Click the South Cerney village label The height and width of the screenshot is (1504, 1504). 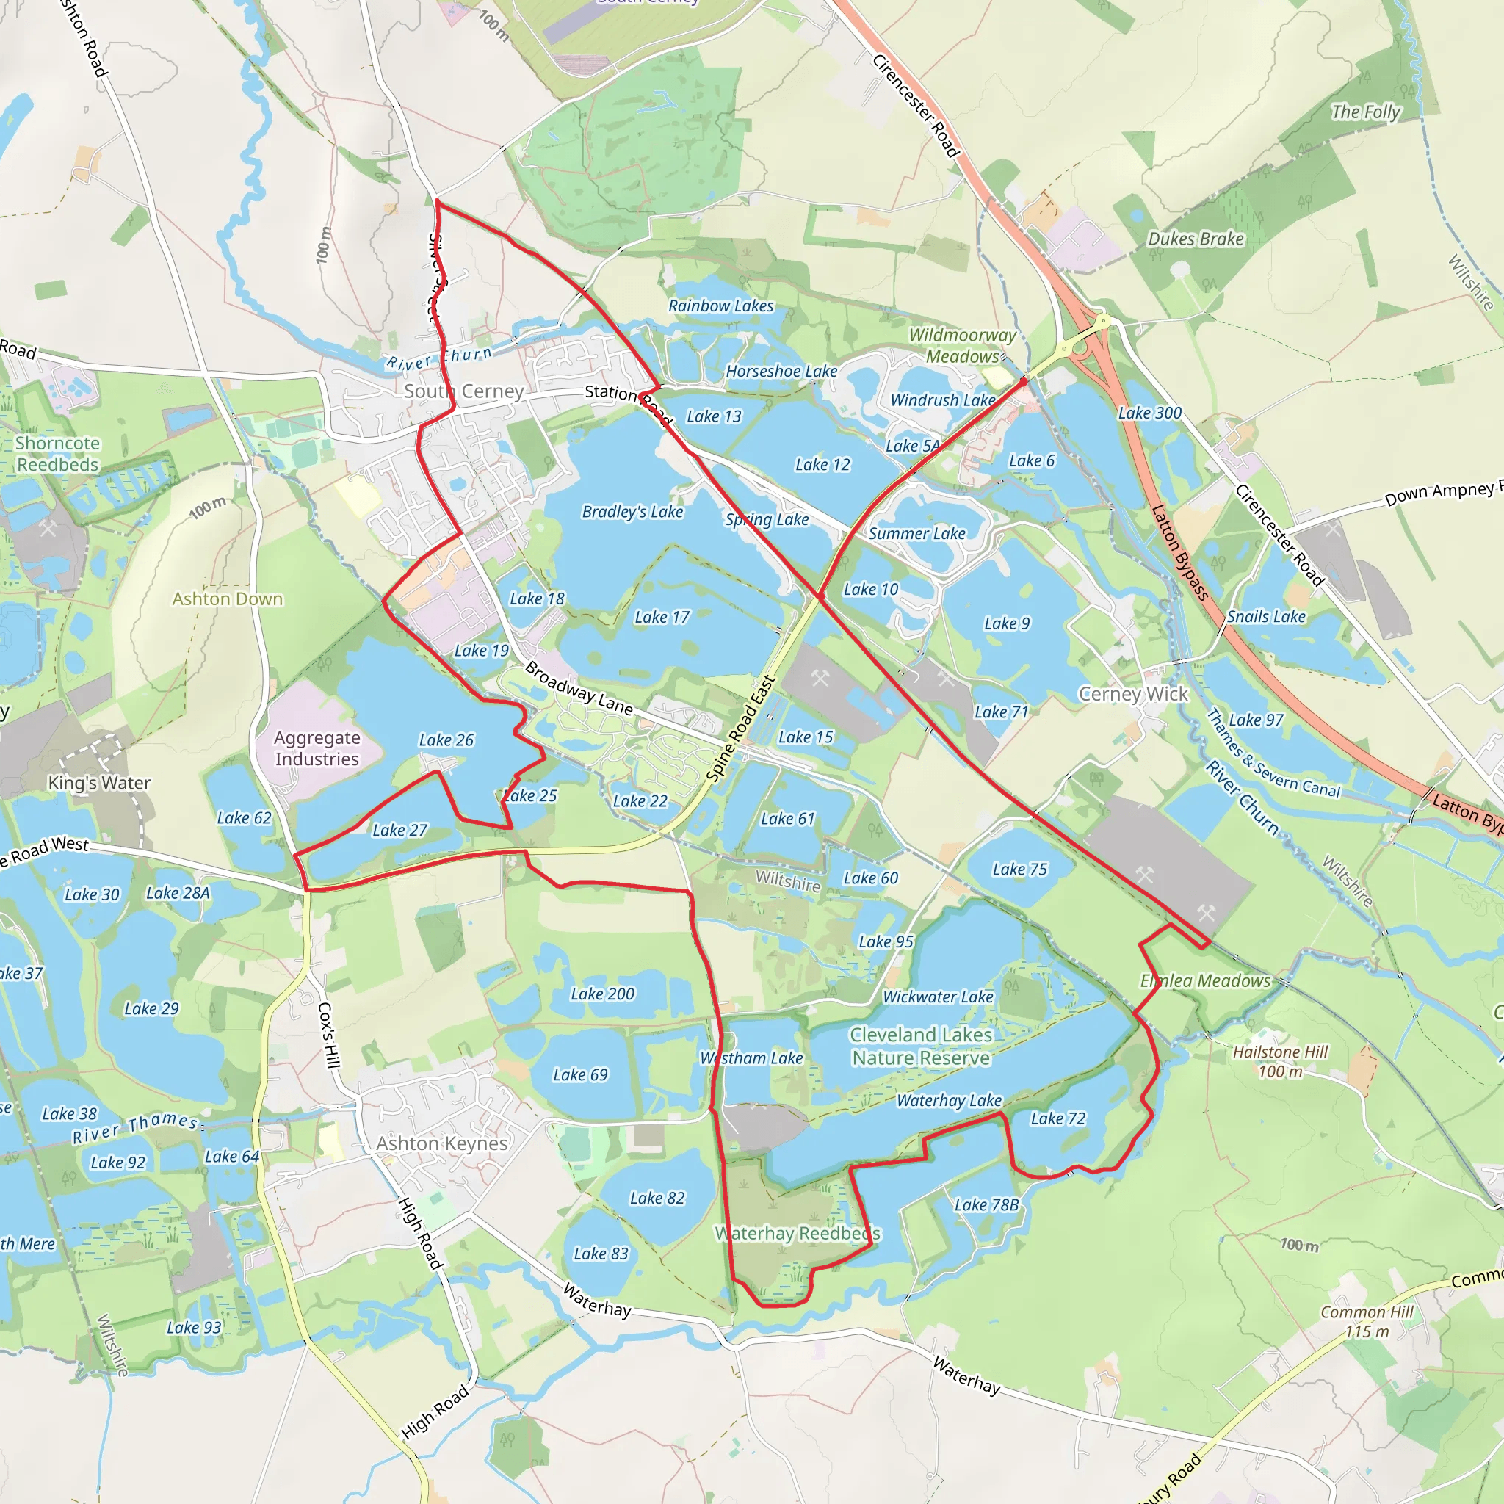[x=463, y=391]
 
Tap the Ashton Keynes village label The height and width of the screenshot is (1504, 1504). [x=441, y=1143]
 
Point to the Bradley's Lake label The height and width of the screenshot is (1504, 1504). [x=632, y=511]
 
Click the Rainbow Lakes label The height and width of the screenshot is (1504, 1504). [x=721, y=306]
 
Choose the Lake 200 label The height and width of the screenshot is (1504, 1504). [x=602, y=994]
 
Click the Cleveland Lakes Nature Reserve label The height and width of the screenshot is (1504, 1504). [x=921, y=1046]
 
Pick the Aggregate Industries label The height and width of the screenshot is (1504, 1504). [x=317, y=748]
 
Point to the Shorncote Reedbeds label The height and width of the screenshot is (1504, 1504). [x=57, y=454]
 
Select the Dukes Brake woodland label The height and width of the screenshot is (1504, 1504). [x=1196, y=239]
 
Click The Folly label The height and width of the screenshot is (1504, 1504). [x=1365, y=112]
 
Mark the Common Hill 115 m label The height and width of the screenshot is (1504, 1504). [x=1367, y=1322]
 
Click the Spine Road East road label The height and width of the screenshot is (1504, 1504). [x=740, y=729]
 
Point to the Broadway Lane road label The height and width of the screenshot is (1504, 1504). [x=579, y=688]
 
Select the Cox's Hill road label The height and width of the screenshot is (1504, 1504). [x=329, y=1035]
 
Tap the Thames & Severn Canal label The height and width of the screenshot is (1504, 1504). [x=1273, y=753]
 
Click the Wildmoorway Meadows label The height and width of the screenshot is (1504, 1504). [x=963, y=346]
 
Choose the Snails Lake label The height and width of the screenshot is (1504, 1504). [x=1267, y=617]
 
